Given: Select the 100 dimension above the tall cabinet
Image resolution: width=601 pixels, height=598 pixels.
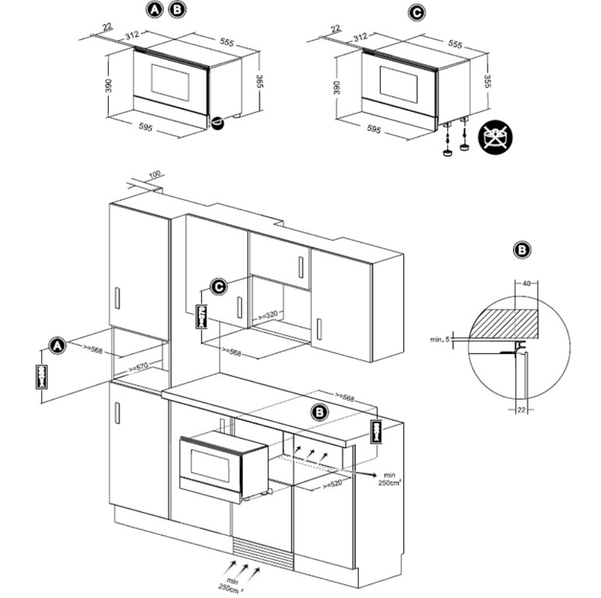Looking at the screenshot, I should pyautogui.click(x=154, y=175).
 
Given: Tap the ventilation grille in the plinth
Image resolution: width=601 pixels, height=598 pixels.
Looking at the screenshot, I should pyautogui.click(x=262, y=551).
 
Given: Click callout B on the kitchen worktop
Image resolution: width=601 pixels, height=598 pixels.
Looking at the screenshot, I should pyautogui.click(x=318, y=412).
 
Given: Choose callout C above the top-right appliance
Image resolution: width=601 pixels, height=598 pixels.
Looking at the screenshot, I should pyautogui.click(x=416, y=11).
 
